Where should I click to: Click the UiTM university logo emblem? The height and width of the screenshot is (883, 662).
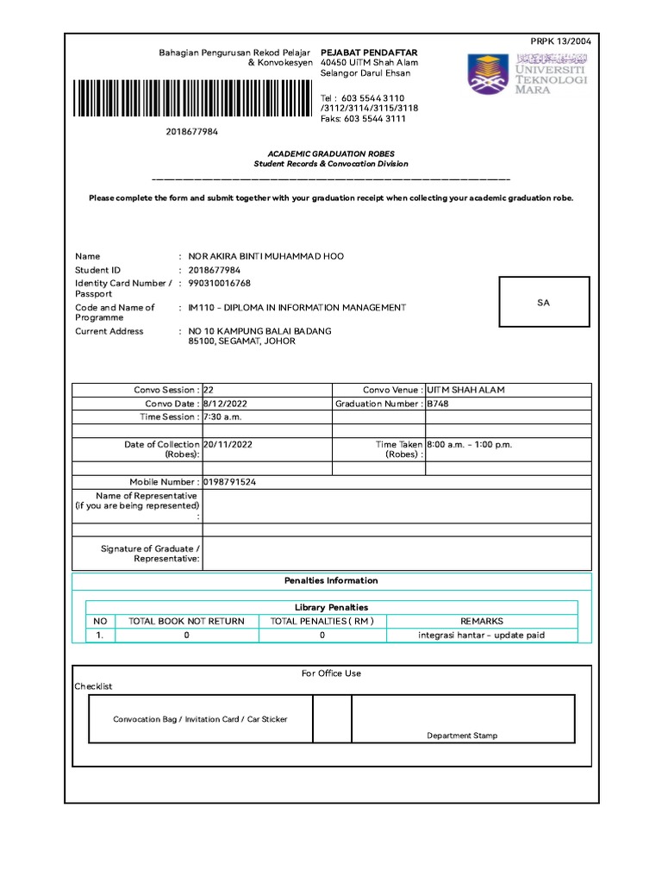click(489, 73)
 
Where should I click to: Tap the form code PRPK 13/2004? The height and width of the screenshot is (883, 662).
click(560, 41)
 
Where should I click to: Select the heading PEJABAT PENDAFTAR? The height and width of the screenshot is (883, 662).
click(357, 53)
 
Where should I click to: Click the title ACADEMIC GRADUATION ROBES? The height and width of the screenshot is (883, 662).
click(331, 153)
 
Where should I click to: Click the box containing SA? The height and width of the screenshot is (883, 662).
click(543, 303)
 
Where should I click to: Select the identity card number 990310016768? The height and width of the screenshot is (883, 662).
click(220, 283)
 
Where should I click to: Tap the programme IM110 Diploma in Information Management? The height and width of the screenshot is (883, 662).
click(297, 308)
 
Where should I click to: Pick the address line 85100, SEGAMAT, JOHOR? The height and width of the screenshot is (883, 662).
click(241, 341)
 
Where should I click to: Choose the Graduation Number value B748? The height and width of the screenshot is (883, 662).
click(438, 404)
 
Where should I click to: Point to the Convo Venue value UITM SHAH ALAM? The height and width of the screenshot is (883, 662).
click(465, 390)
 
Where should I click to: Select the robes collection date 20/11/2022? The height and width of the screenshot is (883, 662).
click(228, 445)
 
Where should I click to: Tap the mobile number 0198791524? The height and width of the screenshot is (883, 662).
click(229, 482)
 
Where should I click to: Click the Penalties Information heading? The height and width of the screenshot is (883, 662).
click(331, 580)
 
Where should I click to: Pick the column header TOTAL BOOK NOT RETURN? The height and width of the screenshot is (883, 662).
click(186, 621)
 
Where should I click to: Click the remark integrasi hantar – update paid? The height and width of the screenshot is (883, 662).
click(481, 636)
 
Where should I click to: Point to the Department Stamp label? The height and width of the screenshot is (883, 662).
click(462, 736)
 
